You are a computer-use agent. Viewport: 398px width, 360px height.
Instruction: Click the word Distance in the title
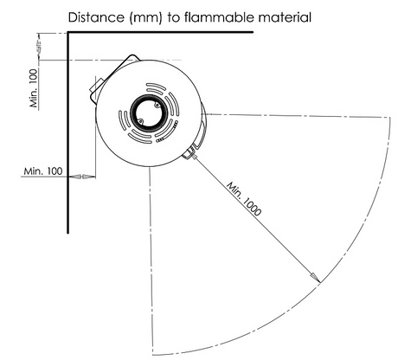click(x=95, y=17)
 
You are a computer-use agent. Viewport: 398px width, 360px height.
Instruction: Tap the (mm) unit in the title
click(x=146, y=18)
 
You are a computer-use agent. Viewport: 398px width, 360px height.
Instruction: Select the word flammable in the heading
click(x=218, y=17)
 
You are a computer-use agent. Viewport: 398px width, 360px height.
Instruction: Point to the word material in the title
click(x=285, y=17)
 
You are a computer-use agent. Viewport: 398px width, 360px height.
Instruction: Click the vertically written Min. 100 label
click(x=34, y=88)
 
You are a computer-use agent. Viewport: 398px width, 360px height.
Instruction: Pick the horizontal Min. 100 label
click(x=43, y=171)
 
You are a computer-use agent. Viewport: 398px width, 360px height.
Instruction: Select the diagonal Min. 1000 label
click(x=244, y=198)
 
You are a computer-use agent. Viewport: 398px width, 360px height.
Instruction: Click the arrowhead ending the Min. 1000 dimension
click(x=315, y=277)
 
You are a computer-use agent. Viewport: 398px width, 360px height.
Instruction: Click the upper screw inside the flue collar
click(x=157, y=106)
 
